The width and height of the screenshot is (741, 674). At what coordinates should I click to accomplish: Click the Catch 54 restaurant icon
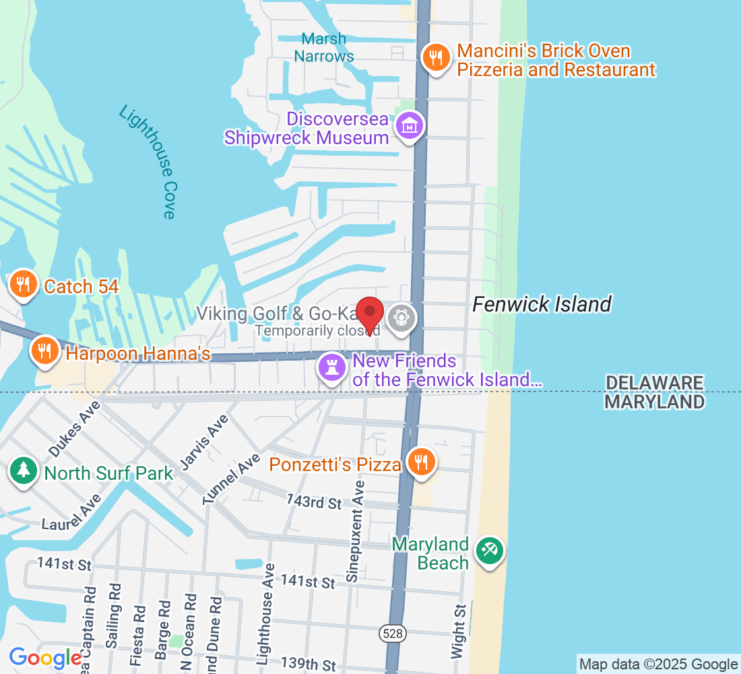pos(24,284)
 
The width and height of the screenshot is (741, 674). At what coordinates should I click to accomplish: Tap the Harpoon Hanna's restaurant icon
pos(45,351)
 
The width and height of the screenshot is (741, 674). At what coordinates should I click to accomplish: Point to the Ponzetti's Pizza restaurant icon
pos(421,462)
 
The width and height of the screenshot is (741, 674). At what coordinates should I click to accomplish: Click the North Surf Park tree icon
pos(24,470)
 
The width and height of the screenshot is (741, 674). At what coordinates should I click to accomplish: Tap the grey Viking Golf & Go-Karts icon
pos(401,317)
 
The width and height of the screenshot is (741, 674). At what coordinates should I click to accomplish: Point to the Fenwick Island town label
pos(542,305)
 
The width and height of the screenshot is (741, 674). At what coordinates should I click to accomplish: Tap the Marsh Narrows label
pos(324,47)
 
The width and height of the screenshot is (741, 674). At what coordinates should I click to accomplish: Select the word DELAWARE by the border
pos(654,384)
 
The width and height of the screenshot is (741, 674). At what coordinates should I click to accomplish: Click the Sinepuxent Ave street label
pos(355,530)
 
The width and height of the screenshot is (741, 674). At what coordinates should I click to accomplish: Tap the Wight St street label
pos(460,631)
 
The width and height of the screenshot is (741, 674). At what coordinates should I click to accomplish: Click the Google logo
pos(46,658)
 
